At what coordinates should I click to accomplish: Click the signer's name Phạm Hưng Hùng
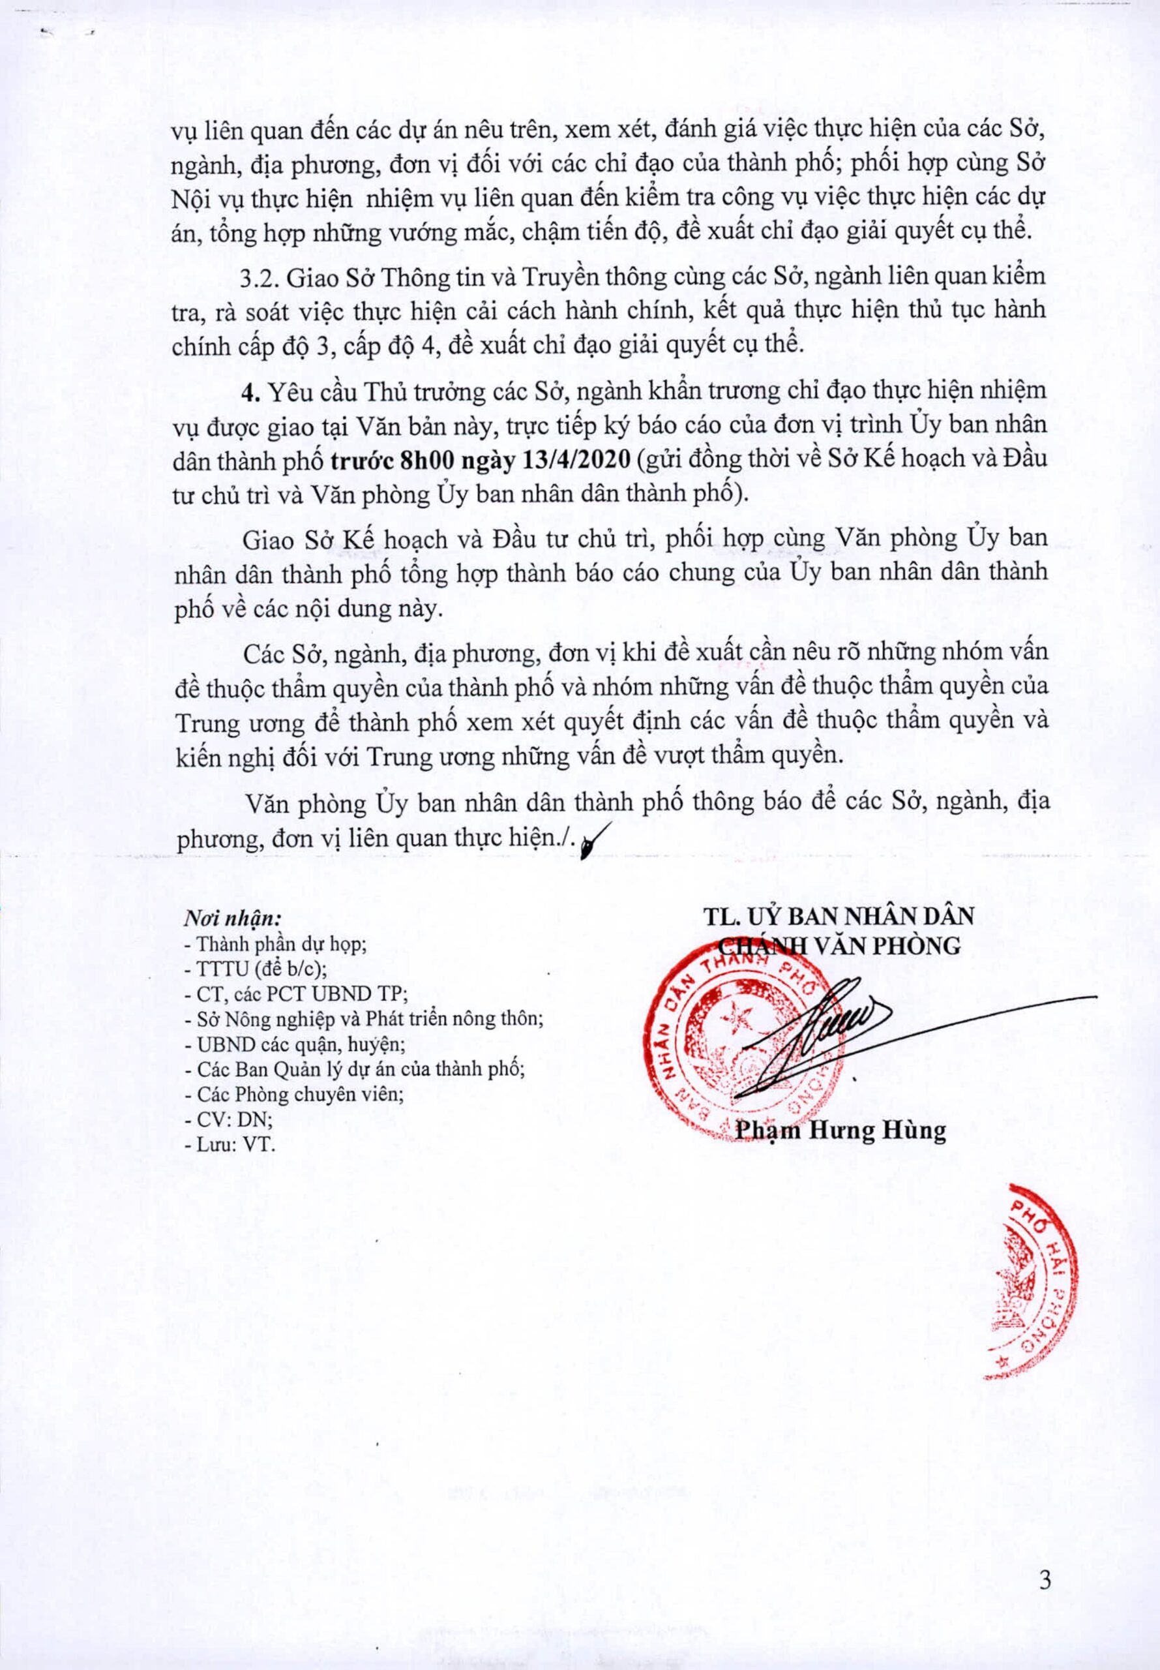(x=841, y=1131)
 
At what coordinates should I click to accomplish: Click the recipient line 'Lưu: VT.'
(x=231, y=1144)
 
